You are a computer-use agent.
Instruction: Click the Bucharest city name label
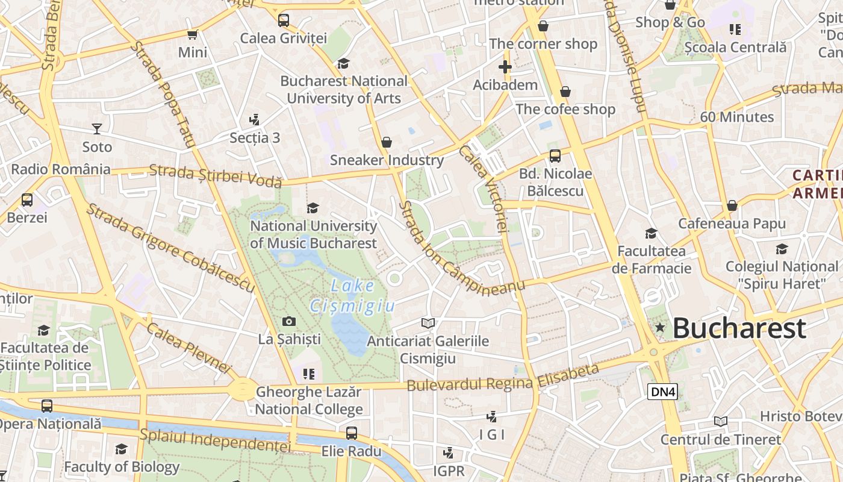[x=739, y=328]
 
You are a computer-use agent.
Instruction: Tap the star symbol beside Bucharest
[x=660, y=327]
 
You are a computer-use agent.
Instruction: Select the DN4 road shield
[x=663, y=392]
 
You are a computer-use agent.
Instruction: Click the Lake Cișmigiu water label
[x=353, y=296]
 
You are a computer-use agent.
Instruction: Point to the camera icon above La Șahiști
[x=289, y=322]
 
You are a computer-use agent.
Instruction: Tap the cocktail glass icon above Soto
[x=96, y=128]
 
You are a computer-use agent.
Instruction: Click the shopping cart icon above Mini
[x=192, y=34]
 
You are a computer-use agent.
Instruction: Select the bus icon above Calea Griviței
[x=283, y=20]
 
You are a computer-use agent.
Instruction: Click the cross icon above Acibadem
[x=505, y=67]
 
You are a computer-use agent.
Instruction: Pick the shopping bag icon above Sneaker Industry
[x=387, y=142]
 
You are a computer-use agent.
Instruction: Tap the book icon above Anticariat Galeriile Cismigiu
[x=428, y=324]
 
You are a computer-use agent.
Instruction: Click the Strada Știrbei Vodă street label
[x=215, y=175]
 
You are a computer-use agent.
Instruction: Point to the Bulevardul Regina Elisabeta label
[x=503, y=378]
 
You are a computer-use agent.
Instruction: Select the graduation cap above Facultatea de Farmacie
[x=651, y=233]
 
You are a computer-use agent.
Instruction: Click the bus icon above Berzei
[x=27, y=199]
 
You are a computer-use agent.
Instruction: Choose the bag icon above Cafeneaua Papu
[x=732, y=205]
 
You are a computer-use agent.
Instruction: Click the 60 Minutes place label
[x=736, y=117]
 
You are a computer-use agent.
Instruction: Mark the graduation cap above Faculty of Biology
[x=121, y=449]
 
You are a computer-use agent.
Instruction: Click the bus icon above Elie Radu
[x=351, y=433]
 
